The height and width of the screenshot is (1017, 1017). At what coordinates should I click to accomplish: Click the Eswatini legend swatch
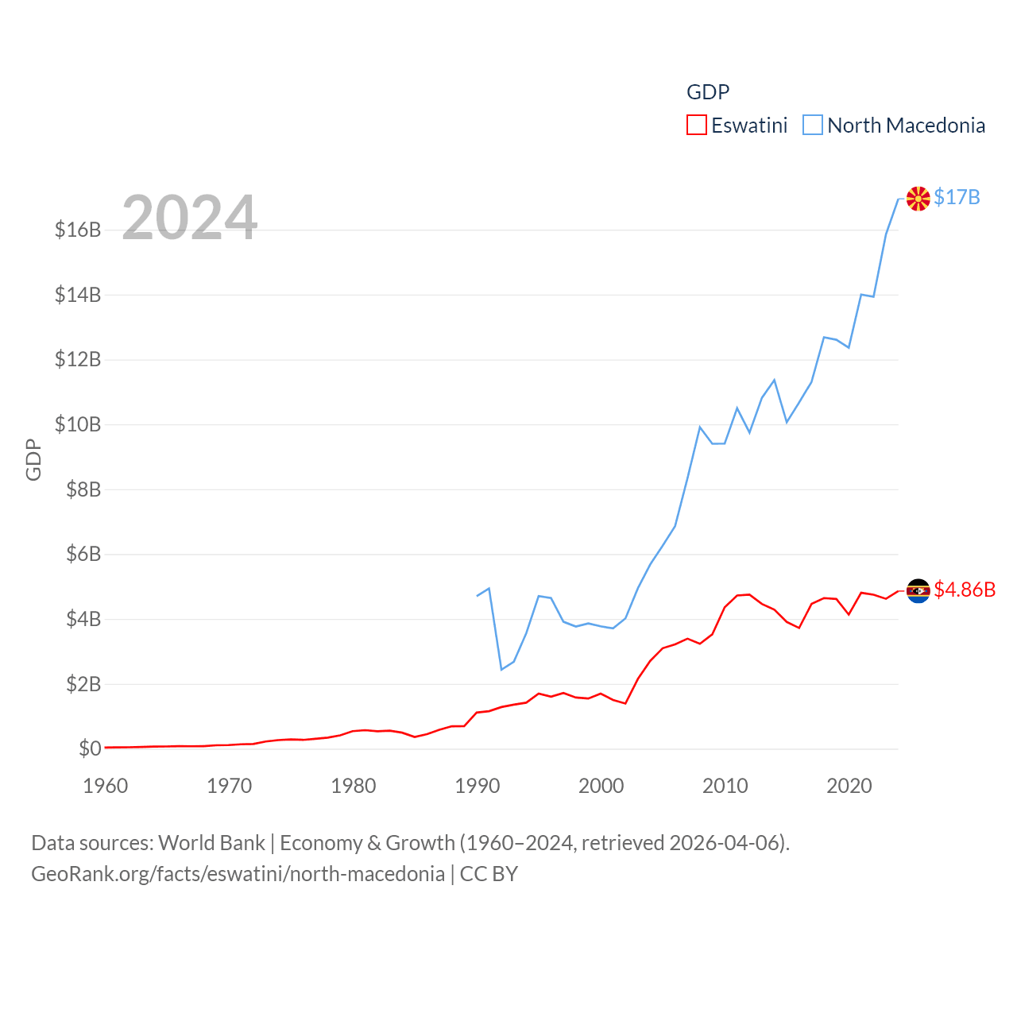pyautogui.click(x=697, y=126)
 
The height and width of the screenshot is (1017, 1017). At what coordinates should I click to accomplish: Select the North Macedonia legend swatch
pyautogui.click(x=812, y=126)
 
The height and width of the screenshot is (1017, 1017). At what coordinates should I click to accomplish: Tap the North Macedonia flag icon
pyautogui.click(x=918, y=199)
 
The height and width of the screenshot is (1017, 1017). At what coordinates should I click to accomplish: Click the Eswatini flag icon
pyautogui.click(x=918, y=590)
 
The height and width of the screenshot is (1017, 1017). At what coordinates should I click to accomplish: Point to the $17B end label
pyautogui.click(x=957, y=197)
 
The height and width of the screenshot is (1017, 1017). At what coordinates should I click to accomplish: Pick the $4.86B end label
pyautogui.click(x=965, y=590)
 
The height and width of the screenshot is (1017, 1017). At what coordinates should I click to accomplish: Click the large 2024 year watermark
pyautogui.click(x=189, y=217)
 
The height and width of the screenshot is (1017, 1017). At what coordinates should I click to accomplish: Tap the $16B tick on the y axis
pyautogui.click(x=78, y=230)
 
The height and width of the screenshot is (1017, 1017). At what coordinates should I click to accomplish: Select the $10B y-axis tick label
pyautogui.click(x=78, y=425)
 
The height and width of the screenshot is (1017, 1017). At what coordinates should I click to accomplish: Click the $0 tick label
pyautogui.click(x=90, y=748)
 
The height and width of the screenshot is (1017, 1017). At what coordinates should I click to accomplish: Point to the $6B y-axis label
pyautogui.click(x=83, y=555)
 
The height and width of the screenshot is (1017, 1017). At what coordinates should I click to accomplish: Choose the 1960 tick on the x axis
pyautogui.click(x=106, y=786)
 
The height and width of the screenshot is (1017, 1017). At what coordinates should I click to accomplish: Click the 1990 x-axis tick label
pyautogui.click(x=477, y=786)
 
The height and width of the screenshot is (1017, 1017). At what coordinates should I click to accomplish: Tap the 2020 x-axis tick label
pyautogui.click(x=849, y=786)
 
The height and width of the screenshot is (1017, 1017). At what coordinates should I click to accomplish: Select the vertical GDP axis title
pyautogui.click(x=33, y=459)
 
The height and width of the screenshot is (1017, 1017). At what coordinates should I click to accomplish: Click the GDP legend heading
pyautogui.click(x=708, y=92)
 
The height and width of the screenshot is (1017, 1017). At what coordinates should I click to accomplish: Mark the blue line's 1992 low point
pyautogui.click(x=501, y=669)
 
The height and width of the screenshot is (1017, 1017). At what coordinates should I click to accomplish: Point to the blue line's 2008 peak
pyautogui.click(x=700, y=427)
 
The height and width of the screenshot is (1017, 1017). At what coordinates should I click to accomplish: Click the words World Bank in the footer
pyautogui.click(x=211, y=842)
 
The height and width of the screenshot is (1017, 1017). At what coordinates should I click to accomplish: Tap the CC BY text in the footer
pyautogui.click(x=489, y=874)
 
